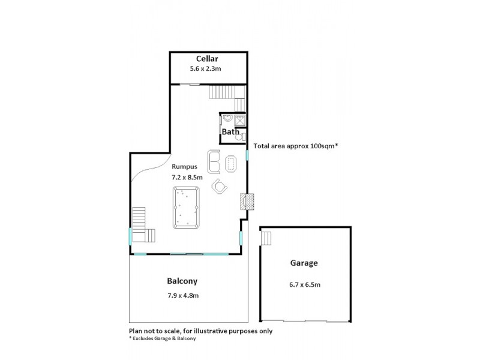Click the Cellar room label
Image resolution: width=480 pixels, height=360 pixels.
pos(208,58)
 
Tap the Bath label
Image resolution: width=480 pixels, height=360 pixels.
pos(230,131)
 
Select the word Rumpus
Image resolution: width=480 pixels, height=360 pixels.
pos(184,166)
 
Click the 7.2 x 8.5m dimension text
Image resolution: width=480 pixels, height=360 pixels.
pos(187,178)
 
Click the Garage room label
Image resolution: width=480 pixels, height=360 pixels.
pos(305,262)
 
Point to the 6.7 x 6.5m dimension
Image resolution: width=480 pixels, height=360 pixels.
pos(304,284)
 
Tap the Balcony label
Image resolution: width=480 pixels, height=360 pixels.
pos(182,281)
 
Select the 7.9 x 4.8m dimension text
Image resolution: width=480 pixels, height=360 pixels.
pos(183,295)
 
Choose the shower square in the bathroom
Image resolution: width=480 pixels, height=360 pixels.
pos(239,119)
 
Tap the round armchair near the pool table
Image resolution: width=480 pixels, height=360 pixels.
pos(220,187)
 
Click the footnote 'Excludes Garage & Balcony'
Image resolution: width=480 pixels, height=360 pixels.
pos(163,338)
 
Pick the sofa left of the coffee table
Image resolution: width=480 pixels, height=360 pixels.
pos(214,161)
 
